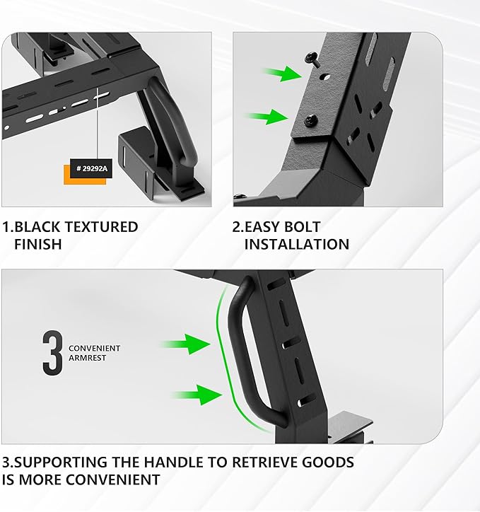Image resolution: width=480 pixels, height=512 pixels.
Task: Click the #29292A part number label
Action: tap(91, 168)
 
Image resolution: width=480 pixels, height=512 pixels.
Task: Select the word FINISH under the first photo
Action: tap(38, 244)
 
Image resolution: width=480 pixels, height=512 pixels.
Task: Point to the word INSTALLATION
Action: tap(297, 244)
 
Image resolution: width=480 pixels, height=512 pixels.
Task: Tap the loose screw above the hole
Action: tap(312, 59)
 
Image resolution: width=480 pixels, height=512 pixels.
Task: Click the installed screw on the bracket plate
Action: tap(311, 120)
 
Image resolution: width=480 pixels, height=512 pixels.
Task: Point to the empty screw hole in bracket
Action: tap(324, 77)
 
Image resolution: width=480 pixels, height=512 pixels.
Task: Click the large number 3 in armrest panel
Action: tap(52, 353)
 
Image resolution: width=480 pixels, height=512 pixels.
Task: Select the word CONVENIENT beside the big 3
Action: tap(94, 349)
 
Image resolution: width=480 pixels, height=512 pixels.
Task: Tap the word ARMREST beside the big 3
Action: tap(87, 358)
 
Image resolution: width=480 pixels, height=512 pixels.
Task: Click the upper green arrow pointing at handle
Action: tap(185, 344)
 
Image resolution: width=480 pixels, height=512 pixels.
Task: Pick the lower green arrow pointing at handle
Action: tap(197, 395)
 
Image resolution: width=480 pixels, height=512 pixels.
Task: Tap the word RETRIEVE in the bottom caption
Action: tap(264, 462)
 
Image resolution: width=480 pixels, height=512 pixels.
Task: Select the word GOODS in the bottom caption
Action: tap(328, 462)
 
